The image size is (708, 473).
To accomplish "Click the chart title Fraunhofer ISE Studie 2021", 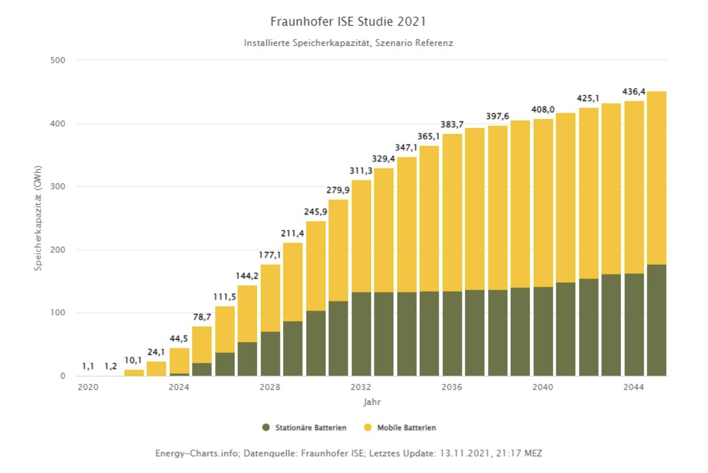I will click(x=348, y=21).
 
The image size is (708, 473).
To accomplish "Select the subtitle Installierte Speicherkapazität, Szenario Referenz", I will click(x=348, y=43).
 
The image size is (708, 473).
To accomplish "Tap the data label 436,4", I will click(x=634, y=92).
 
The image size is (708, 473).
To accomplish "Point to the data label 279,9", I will click(x=338, y=190).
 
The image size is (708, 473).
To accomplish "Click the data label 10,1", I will click(x=133, y=360).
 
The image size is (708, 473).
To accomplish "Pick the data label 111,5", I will click(x=225, y=297).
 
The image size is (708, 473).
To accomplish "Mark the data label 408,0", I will click(x=543, y=109).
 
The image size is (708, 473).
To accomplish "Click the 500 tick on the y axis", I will click(x=58, y=60).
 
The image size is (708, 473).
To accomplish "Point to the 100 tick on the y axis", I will click(x=58, y=313).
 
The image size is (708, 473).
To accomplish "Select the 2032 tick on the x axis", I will click(x=361, y=387).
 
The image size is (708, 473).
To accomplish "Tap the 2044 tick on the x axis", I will click(x=634, y=387).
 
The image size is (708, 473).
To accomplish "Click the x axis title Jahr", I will click(x=372, y=402).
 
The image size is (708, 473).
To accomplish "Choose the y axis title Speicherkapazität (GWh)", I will click(x=38, y=218).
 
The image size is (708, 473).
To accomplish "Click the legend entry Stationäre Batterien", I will click(x=311, y=428).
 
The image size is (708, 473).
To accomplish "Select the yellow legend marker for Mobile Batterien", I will click(x=368, y=428).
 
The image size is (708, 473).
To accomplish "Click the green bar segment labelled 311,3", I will click(x=361, y=334).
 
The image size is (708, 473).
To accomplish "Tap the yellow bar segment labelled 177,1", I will click(x=270, y=298).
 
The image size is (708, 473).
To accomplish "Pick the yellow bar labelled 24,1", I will click(x=156, y=369).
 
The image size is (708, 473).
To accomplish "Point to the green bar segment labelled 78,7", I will click(x=202, y=369).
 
